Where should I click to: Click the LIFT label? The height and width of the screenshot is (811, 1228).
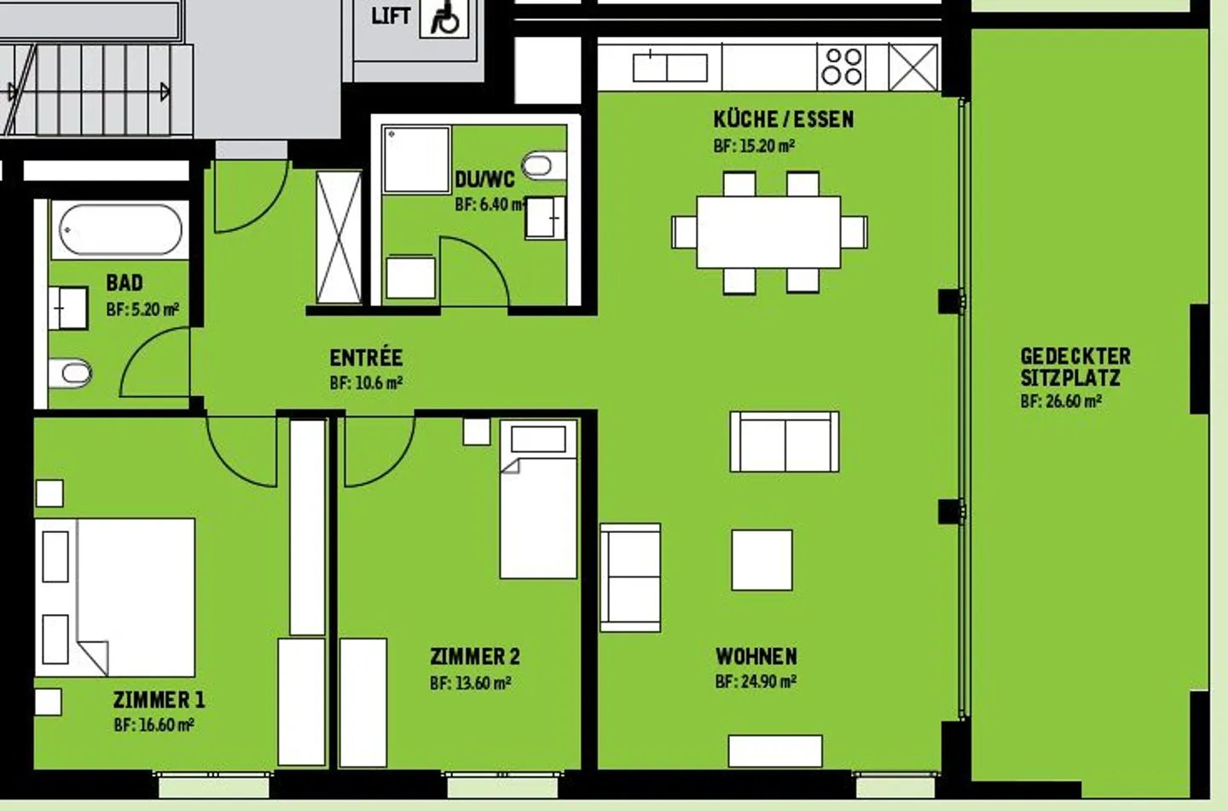coord(391,15)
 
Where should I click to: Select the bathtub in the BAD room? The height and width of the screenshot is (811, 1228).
coord(120,229)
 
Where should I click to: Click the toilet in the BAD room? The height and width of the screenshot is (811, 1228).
coord(71,373)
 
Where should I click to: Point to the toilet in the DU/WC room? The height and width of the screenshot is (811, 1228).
coord(542,165)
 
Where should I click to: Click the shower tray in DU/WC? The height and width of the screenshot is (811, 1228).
coord(416,159)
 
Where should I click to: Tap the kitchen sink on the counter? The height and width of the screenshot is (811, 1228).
coord(669,67)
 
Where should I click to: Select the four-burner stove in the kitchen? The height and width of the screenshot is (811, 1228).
coord(842,67)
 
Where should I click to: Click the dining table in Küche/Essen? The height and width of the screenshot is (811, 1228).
coord(768,232)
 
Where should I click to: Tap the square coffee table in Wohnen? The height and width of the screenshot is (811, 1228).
coord(762,559)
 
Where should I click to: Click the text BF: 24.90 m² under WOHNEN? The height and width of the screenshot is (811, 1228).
coord(756,681)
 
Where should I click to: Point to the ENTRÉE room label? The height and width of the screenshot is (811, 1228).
coord(366,357)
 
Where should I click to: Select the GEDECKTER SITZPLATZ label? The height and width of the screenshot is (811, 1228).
coord(1075,367)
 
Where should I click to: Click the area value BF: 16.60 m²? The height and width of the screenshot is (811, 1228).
coord(153,725)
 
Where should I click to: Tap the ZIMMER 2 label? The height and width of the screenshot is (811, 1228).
coord(474,657)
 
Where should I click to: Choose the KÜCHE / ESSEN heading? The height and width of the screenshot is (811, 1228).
coord(784,119)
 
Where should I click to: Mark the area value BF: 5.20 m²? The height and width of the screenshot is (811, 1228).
coord(142,310)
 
